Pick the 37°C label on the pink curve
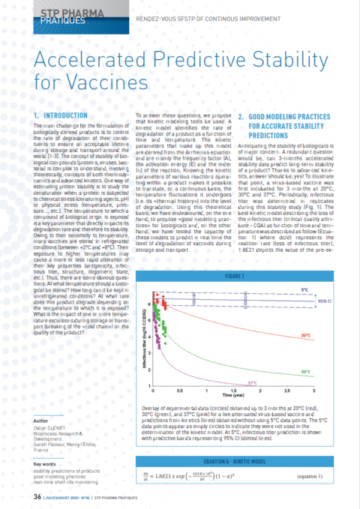click(253, 382)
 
